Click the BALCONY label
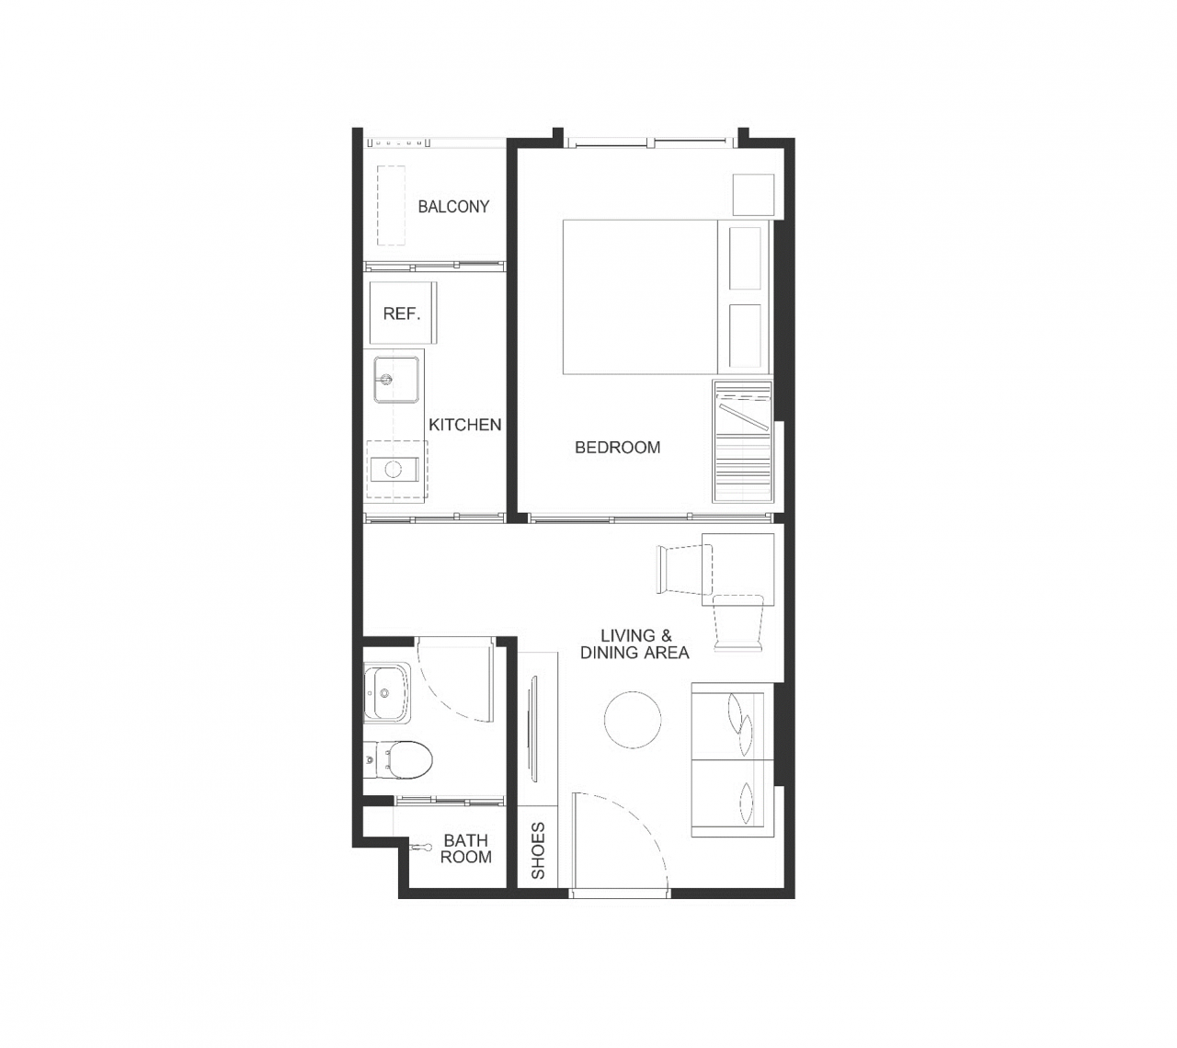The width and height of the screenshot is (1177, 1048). point(453,206)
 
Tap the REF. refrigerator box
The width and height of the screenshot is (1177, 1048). point(403,313)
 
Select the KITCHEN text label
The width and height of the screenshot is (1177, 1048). point(464,425)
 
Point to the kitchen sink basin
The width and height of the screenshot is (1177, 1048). point(396,380)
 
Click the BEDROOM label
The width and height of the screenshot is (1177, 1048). point(618,448)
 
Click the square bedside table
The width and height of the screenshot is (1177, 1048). point(753,195)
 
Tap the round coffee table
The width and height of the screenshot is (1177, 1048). point(633,720)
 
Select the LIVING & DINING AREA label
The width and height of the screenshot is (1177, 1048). point(634,644)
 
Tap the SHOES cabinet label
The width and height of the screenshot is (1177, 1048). point(538,850)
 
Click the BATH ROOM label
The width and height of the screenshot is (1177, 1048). point(466,849)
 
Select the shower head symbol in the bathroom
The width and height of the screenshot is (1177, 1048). point(419,847)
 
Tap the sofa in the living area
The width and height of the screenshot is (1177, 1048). point(733,760)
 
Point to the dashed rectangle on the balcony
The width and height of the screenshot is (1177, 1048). point(391,205)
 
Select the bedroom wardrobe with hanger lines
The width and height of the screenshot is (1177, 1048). point(743,441)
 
